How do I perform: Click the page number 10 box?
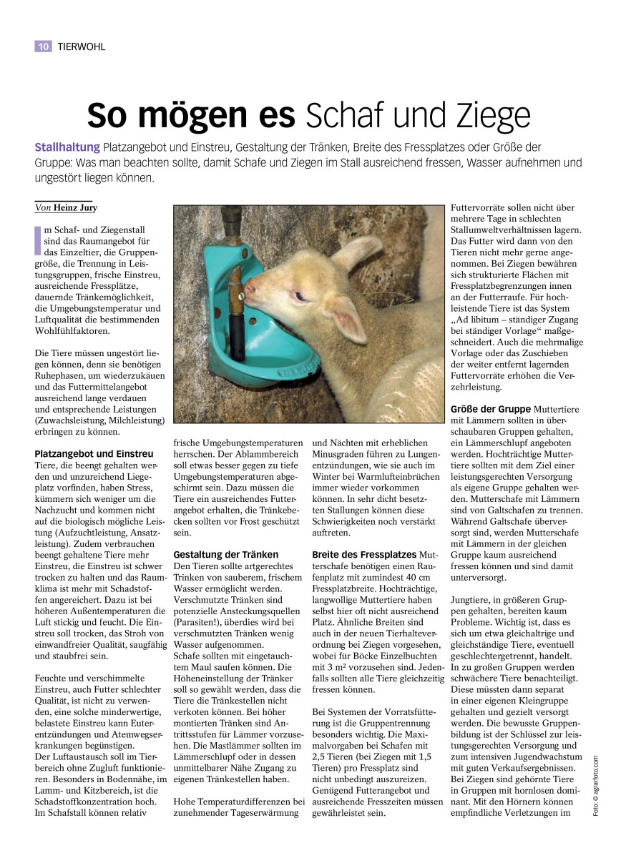click(x=43, y=46)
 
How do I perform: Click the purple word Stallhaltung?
click(x=67, y=147)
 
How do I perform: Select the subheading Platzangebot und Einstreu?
click(x=94, y=453)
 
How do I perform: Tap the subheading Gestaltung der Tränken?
click(x=226, y=554)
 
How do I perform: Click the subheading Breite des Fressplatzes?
click(x=365, y=554)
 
